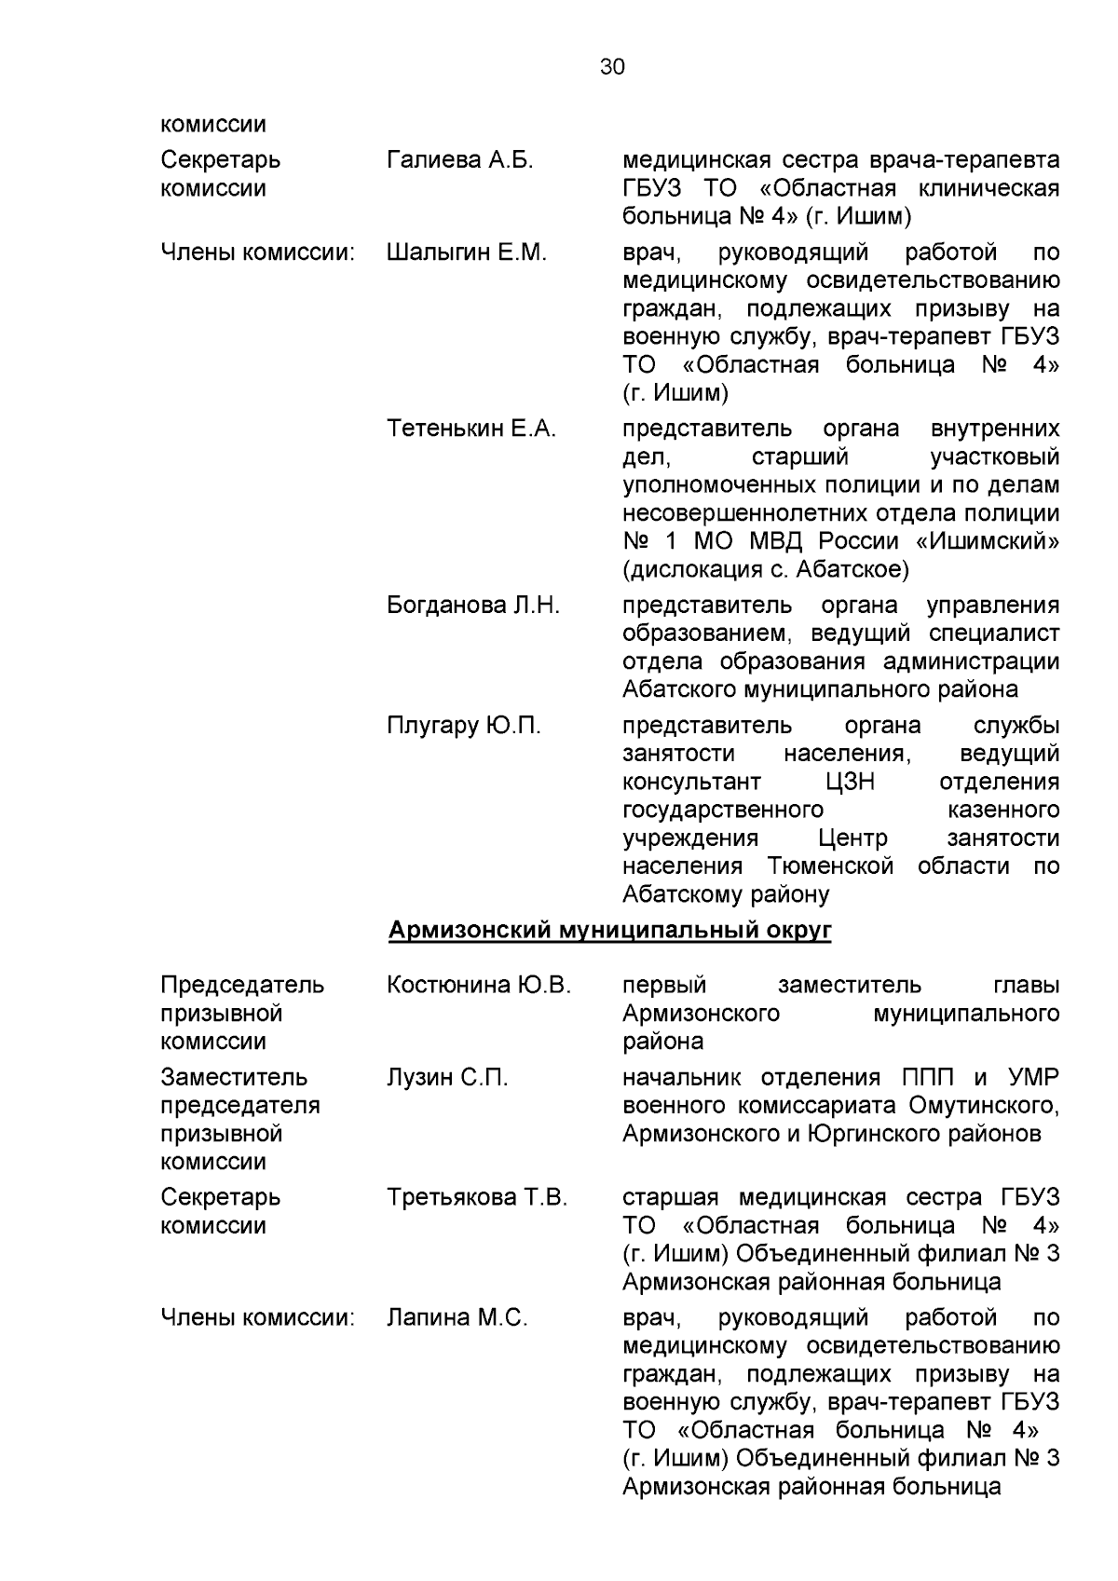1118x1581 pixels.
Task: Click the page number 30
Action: (612, 67)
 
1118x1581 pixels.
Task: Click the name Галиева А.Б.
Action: (459, 160)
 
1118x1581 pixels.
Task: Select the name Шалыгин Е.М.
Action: (466, 252)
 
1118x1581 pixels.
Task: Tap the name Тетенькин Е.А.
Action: (471, 429)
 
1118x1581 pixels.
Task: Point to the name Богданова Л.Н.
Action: (473, 606)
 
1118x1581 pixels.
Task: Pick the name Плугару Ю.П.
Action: (463, 726)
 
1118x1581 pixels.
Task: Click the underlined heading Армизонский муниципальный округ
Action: (609, 930)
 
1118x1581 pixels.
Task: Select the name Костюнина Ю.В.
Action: (479, 985)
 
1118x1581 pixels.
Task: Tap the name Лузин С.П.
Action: (447, 1078)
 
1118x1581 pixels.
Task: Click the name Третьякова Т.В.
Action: (477, 1197)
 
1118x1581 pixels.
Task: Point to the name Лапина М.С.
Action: (457, 1318)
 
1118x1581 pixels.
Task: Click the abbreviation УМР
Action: (1033, 1078)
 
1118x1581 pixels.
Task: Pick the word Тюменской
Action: (831, 866)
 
